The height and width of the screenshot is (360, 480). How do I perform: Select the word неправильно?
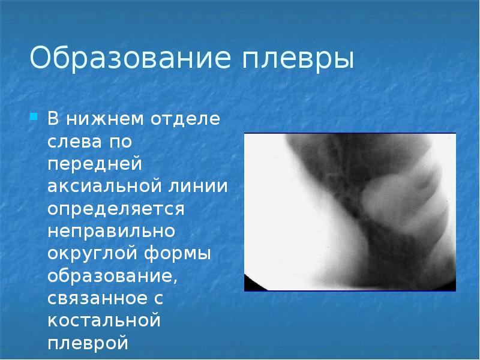(x=111, y=230)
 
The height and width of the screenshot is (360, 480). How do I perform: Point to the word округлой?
(x=91, y=253)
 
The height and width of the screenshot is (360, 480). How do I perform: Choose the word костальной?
(x=104, y=320)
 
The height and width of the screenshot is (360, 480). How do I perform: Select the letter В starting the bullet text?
(x=54, y=118)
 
